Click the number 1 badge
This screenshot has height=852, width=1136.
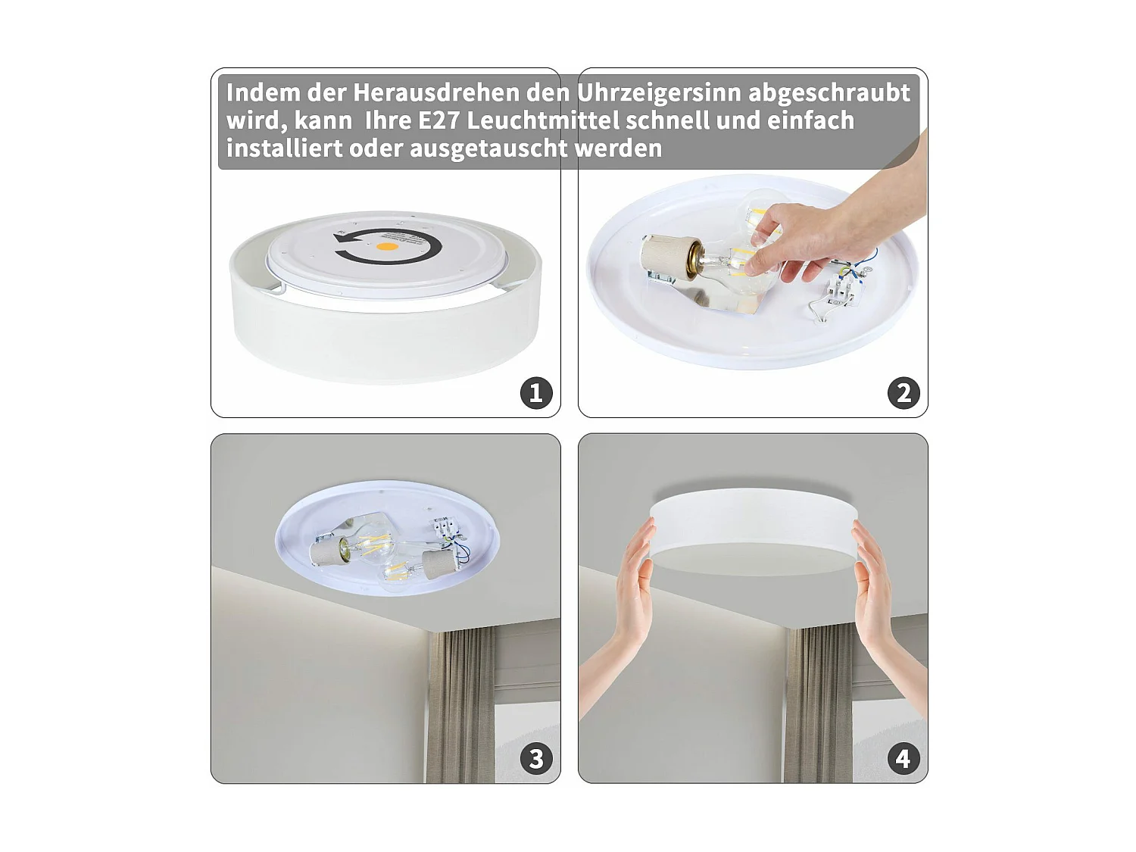(536, 393)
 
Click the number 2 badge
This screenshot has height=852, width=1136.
(903, 393)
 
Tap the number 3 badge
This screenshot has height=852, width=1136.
(536, 759)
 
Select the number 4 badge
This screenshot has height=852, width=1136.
(903, 759)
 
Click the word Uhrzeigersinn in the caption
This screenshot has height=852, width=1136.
(658, 93)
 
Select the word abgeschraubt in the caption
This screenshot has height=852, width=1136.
(829, 93)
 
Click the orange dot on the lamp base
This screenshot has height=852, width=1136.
(387, 247)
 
